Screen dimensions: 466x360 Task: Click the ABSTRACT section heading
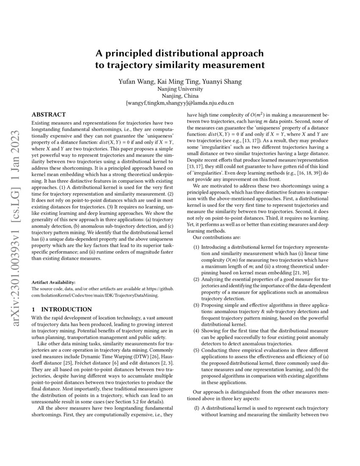pyautogui.click(x=49, y=115)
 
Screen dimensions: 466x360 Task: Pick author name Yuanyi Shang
pyautogui.click(x=216, y=81)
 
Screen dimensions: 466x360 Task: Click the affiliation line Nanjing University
pyautogui.click(x=180, y=89)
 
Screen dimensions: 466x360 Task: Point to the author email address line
pyautogui.click(x=180, y=103)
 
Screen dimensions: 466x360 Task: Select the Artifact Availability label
pyautogui.click(x=53, y=282)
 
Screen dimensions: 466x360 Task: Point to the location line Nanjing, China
pyautogui.click(x=180, y=96)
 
